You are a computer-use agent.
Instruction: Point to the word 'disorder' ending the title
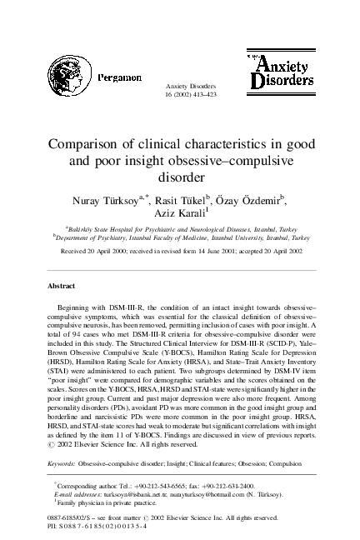click(x=180, y=177)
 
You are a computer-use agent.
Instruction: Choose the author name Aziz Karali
click(x=177, y=216)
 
